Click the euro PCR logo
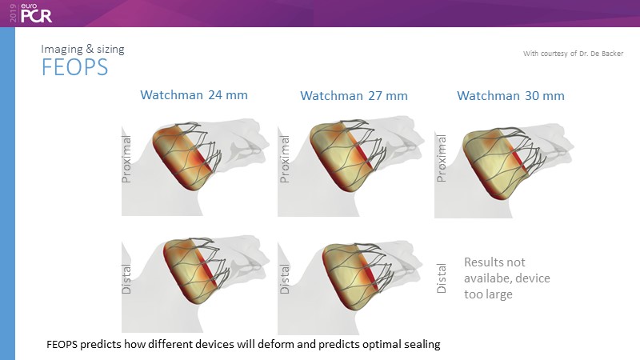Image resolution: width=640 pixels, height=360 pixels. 30,13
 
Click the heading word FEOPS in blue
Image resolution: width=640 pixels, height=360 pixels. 74,67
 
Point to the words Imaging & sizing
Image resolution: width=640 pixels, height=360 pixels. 82,49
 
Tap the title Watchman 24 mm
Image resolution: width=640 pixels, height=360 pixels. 194,95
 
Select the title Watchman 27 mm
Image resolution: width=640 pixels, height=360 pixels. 354,96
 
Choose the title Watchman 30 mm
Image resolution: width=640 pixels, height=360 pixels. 510,96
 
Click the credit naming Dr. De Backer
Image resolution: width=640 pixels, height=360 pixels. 573,54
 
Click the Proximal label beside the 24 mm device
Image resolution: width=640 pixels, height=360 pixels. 126,158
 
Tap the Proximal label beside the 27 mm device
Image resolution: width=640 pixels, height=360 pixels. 285,158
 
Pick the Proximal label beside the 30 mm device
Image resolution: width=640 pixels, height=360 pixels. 442,158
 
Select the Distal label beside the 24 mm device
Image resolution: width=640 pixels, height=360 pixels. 126,278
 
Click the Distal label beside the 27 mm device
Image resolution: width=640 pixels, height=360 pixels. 285,278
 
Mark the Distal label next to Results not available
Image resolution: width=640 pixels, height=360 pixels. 442,278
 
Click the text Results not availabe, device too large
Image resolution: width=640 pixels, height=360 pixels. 507,278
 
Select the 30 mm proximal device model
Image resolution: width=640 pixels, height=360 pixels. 505,163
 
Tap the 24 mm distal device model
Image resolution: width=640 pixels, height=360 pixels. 196,270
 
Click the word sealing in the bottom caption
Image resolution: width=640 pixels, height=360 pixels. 422,345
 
